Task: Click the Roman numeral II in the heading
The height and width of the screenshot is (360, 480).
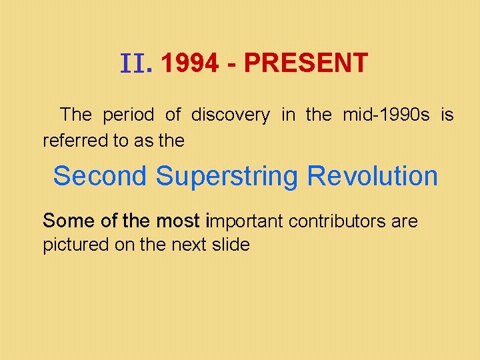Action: tap(136, 64)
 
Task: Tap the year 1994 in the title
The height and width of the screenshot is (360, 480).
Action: tap(189, 63)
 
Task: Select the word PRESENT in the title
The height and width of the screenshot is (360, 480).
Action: tap(305, 63)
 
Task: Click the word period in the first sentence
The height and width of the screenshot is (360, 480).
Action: tap(129, 115)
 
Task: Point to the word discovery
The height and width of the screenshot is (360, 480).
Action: tap(231, 115)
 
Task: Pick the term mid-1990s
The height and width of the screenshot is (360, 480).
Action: tap(386, 115)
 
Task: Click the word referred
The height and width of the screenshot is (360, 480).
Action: tap(70, 141)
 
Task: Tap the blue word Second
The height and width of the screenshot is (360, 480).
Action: tap(99, 177)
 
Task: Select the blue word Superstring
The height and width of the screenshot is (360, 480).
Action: tap(227, 177)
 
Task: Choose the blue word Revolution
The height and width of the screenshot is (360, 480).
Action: tap(373, 177)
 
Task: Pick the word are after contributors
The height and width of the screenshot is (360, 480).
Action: tap(405, 221)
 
